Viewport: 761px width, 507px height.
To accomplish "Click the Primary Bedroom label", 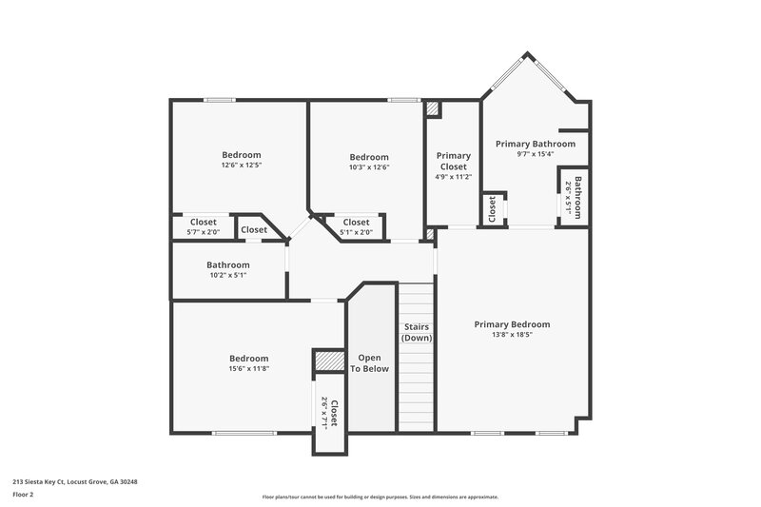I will (x=512, y=324).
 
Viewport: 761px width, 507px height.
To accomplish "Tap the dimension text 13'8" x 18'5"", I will (x=512, y=335).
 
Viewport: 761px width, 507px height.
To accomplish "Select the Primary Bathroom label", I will (x=536, y=144).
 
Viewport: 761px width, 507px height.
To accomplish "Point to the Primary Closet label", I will (x=453, y=161).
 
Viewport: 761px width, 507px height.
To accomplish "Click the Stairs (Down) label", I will (x=417, y=332).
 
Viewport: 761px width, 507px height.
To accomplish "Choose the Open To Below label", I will (x=369, y=362).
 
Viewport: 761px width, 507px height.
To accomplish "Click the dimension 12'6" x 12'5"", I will (x=242, y=166).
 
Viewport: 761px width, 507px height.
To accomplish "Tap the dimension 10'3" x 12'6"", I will (x=369, y=167).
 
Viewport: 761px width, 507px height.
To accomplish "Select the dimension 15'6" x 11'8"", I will (x=248, y=369).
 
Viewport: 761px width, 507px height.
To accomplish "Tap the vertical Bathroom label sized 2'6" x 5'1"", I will (x=577, y=196).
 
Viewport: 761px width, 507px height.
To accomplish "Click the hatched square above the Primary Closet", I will (x=433, y=109).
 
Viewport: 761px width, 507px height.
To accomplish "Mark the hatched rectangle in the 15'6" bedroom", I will (x=328, y=361).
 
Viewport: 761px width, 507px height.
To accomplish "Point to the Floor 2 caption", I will (x=24, y=495).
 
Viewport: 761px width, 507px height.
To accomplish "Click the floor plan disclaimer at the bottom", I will (x=380, y=497).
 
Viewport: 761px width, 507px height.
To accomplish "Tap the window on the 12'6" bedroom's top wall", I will (x=221, y=100).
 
